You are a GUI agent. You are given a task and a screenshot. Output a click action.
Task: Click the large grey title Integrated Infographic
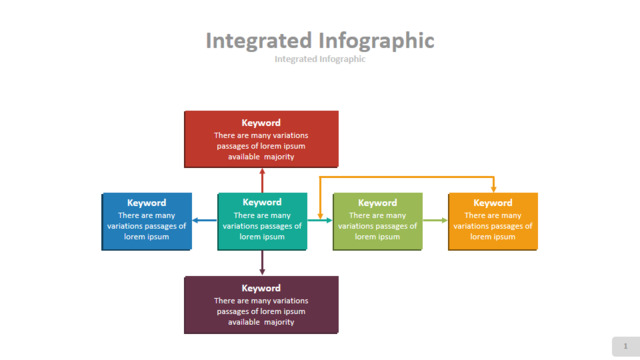(320, 41)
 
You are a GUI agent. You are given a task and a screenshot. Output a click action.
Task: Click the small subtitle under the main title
(320, 59)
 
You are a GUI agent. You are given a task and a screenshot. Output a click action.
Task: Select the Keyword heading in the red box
(261, 123)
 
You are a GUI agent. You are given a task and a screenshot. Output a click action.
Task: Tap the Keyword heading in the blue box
(147, 203)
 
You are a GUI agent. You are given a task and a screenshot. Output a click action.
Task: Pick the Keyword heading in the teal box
(262, 202)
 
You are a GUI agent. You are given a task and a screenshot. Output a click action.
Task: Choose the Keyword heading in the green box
(378, 203)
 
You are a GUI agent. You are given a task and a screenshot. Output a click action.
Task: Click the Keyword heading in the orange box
(493, 203)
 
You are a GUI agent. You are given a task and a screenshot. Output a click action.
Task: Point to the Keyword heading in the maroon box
(261, 288)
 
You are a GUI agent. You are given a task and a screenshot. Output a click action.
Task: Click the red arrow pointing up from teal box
(262, 180)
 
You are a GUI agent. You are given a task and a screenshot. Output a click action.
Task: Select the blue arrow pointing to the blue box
(204, 220)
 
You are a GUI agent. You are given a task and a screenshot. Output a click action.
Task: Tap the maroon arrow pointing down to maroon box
(262, 262)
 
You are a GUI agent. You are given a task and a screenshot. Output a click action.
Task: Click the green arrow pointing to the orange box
(435, 220)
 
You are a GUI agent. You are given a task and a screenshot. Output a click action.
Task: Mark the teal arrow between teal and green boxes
(320, 220)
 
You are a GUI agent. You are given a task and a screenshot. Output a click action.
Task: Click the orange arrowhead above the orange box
(493, 189)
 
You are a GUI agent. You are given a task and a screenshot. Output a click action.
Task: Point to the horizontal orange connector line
(407, 177)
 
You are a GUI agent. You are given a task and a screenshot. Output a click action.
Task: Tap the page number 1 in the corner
(625, 346)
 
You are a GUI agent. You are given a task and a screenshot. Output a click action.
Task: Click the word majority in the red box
(279, 157)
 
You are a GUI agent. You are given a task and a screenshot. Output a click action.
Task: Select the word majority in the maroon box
(279, 322)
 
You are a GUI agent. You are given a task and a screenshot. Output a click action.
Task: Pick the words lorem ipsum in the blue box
(147, 237)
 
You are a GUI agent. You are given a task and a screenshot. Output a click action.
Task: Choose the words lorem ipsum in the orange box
(493, 237)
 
